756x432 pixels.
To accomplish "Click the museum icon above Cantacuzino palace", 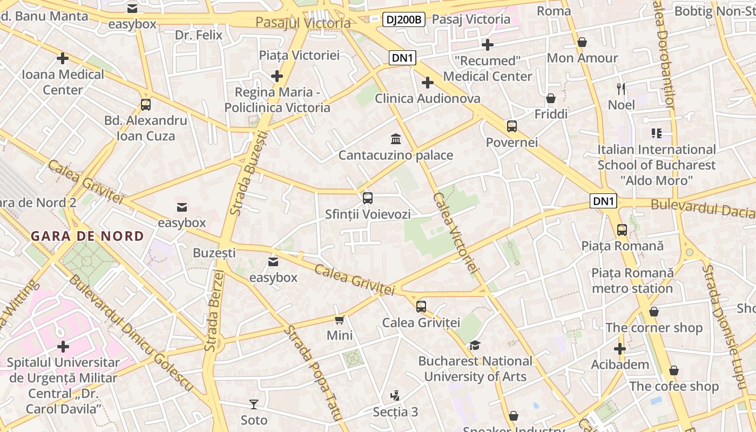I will pos(396,139).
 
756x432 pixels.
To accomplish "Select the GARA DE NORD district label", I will pos(87,236).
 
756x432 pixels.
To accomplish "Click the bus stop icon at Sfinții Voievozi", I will pos(368,198).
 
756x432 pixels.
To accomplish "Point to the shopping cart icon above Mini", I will pos(340,320).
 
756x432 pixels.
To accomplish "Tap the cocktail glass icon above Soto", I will pos(254,404).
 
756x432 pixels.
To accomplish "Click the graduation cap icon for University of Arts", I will pos(475,345).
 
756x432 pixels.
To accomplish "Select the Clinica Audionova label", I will pos(427,98).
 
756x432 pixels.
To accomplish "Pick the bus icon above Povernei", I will pos(512,126).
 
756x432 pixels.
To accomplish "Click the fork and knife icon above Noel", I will pos(621,89).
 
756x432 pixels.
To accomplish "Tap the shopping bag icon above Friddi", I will pos(551,98).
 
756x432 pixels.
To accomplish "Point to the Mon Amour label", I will pos(583,58).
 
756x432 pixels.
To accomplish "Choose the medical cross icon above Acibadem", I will pos(620,349).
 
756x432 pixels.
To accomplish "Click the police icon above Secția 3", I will pos(395,396).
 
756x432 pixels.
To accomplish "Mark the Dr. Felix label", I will pos(199,35).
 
